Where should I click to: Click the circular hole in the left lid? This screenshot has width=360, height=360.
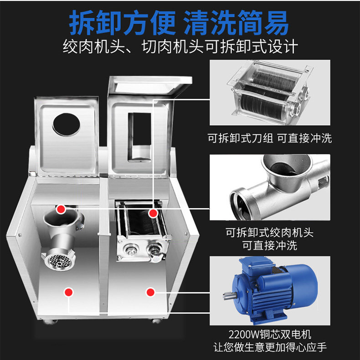67,125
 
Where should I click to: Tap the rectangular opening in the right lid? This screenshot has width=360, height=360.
139,137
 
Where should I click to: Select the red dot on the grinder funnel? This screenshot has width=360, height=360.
61,209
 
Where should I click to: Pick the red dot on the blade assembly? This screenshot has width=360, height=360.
153,213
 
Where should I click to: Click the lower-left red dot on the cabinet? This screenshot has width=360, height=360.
68,292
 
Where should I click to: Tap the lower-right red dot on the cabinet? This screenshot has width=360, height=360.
150,292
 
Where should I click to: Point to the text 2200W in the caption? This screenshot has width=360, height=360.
244,335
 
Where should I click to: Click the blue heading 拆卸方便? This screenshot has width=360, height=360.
123,23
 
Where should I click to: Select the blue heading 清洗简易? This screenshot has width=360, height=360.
237,23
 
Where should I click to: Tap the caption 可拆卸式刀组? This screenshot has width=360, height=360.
240,138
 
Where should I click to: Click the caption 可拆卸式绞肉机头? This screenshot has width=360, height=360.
269,233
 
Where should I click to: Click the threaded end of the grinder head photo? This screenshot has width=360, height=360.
242,203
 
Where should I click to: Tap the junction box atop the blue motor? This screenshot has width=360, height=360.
257,265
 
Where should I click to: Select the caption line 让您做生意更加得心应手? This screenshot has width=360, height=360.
270,347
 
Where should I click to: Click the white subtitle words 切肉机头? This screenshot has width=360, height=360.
173,47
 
